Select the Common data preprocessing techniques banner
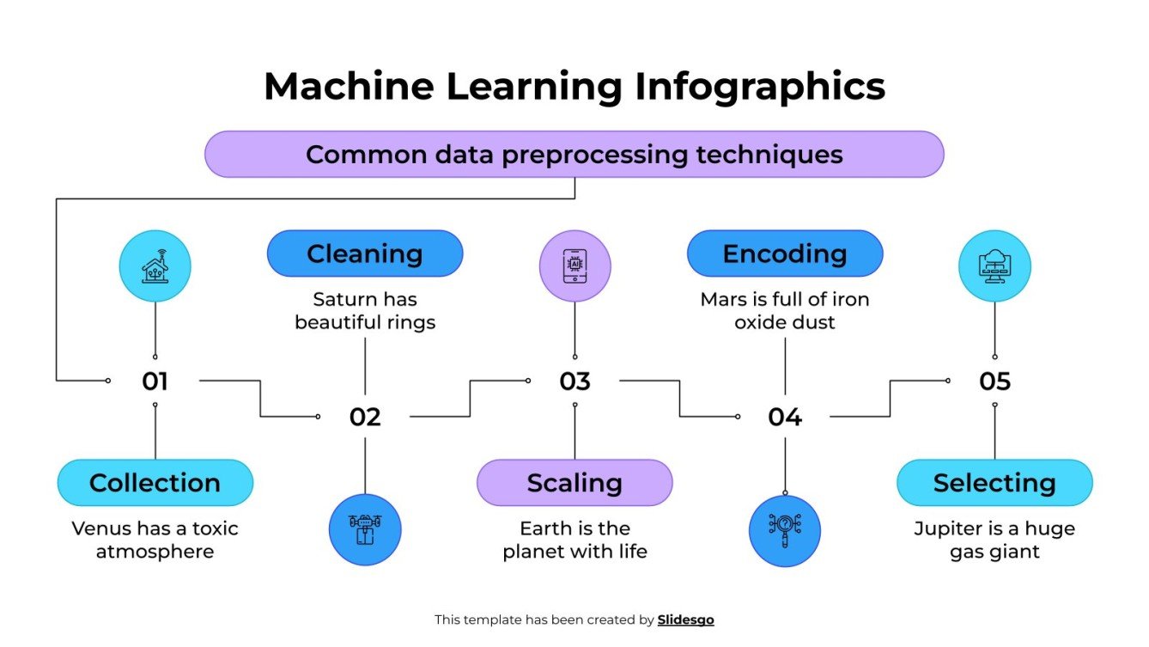(574, 155)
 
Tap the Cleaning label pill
(365, 253)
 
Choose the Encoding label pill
(785, 253)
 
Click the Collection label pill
(155, 483)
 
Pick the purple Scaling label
(574, 483)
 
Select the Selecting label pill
(994, 483)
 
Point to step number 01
(155, 381)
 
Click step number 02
(365, 417)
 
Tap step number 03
(574, 381)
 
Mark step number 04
(785, 417)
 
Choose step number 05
(994, 381)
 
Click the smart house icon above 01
(155, 266)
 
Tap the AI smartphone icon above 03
(574, 266)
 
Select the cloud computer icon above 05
(994, 266)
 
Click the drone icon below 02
(365, 529)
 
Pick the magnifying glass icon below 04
(785, 530)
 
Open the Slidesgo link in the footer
(685, 620)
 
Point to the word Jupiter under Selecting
(947, 528)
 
